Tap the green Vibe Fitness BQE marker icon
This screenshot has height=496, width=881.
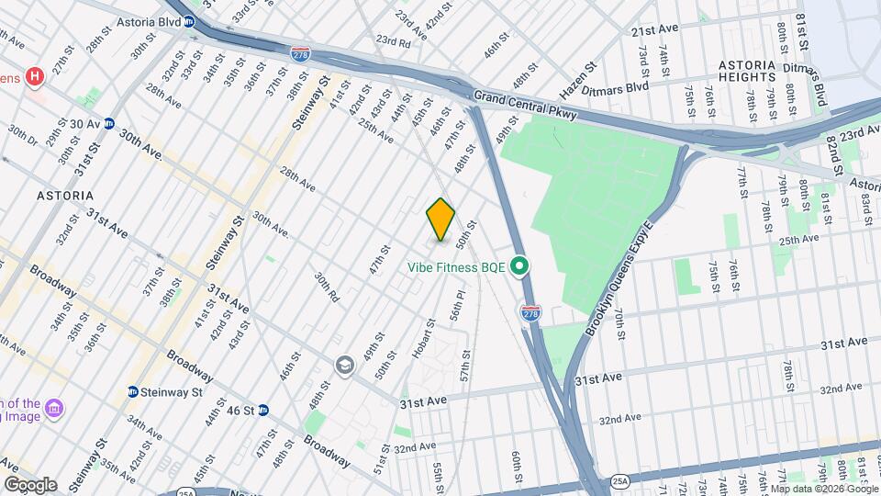coord(519,267)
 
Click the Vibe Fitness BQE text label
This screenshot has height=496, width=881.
coord(458,267)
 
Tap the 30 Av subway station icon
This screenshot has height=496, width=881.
coord(108,124)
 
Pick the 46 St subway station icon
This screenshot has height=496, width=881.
coord(262,410)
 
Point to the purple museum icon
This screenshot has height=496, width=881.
coord(53,407)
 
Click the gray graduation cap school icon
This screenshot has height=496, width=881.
coord(344,366)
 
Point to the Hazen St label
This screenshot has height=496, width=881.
coord(578,80)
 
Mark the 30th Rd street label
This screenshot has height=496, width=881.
coord(327,287)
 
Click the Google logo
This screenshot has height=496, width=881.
coord(30,485)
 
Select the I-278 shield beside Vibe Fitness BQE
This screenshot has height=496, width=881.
coord(530,313)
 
